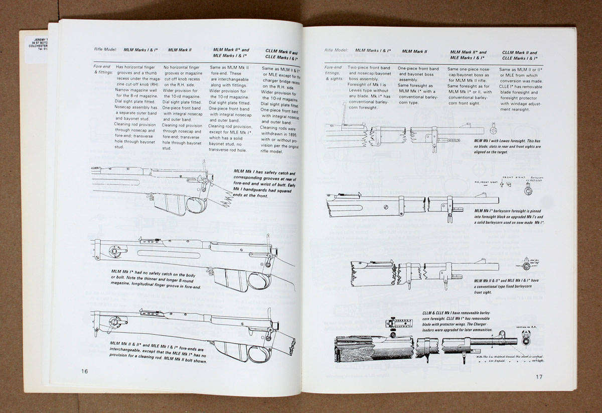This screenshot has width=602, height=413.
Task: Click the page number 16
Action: click(84, 371)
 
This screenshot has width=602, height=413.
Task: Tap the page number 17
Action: click(539, 377)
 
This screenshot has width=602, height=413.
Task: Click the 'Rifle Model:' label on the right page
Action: click(336, 50)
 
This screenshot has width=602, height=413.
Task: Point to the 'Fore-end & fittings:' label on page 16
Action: click(102, 69)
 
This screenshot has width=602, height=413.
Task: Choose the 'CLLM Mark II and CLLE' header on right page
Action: click(519, 55)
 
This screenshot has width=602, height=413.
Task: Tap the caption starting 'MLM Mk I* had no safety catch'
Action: click(156, 279)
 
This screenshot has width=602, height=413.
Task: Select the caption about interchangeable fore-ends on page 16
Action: click(158, 352)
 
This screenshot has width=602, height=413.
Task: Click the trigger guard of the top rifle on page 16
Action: click(196, 204)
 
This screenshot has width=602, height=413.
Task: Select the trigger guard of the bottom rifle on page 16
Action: click(259, 353)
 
